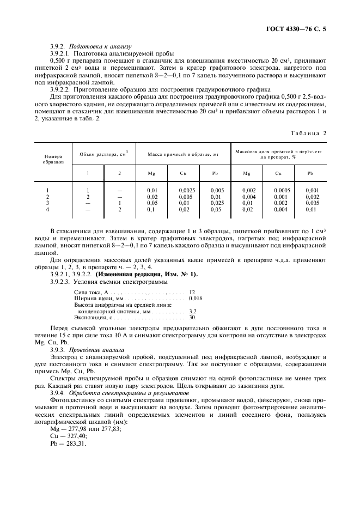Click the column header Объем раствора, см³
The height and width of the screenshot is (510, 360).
tap(103, 154)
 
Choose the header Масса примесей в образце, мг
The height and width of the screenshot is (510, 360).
tap(182, 154)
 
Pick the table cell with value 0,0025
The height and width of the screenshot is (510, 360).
tap(186, 190)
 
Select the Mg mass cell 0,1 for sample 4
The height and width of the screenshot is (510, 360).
tap(151, 209)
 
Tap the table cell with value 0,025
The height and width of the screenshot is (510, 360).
tap(217, 203)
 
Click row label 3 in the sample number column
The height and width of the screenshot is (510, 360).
tap(48, 203)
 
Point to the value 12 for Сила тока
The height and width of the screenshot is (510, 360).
tap(192, 293)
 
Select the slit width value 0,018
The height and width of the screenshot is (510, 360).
tap(196, 299)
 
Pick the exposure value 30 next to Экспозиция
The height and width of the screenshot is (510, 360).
tap(192, 317)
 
